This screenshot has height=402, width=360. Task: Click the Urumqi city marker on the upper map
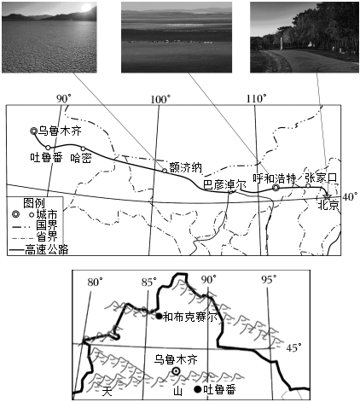(33, 131)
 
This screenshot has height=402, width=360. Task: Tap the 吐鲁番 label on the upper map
(46, 157)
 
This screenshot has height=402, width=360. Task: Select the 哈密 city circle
(83, 149)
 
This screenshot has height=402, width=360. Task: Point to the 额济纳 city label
(185, 167)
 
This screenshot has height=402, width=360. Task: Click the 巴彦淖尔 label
(224, 184)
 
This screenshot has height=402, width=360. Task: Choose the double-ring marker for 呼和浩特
(276, 188)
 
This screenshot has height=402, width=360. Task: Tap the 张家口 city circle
(308, 186)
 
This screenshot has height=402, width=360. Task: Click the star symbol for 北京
(327, 196)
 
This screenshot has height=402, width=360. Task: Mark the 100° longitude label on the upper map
(160, 99)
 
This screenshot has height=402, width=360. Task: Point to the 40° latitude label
(350, 196)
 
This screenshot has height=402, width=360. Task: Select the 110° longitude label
(257, 99)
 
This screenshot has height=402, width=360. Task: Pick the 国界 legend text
(47, 225)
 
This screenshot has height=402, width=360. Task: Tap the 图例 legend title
(34, 203)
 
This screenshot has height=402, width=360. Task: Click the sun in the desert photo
(86, 8)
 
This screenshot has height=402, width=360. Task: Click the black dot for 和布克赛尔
(159, 316)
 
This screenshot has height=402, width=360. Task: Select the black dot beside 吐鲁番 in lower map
(198, 389)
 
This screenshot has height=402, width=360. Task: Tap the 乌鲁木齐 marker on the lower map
(177, 371)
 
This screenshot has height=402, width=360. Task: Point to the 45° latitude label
(293, 347)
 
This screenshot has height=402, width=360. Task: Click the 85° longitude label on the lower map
(149, 282)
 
